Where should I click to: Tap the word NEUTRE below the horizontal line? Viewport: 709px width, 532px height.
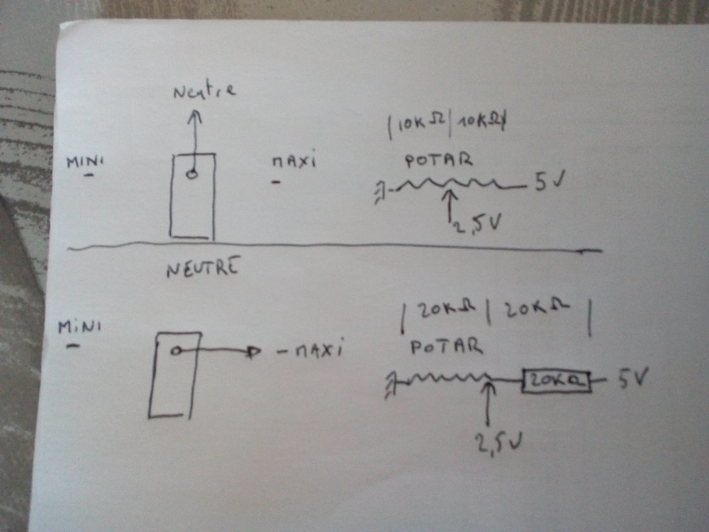[203, 269]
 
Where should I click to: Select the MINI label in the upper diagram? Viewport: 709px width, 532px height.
[85, 162]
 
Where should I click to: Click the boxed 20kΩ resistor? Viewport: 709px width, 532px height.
[556, 382]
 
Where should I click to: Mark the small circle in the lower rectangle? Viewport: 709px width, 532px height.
[174, 350]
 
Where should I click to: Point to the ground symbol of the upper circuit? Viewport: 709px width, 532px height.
[381, 190]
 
